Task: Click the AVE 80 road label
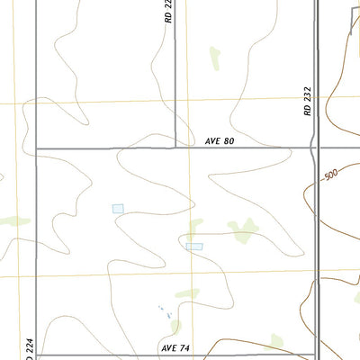pyautogui.click(x=220, y=141)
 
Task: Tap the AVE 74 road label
pyautogui.click(x=175, y=347)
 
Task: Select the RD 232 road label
pyautogui.click(x=307, y=98)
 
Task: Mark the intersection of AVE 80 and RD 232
pyautogui.click(x=315, y=148)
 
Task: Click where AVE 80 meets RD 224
pyautogui.click(x=35, y=148)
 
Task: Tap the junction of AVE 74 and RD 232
pyautogui.click(x=315, y=355)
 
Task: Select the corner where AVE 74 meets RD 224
pyautogui.click(x=35, y=355)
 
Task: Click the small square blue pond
pyautogui.click(x=118, y=208)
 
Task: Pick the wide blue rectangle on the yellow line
pyautogui.click(x=194, y=246)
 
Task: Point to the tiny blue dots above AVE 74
pyautogui.click(x=165, y=310)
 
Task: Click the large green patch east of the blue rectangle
pyautogui.click(x=241, y=232)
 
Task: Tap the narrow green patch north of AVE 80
pyautogui.click(x=214, y=58)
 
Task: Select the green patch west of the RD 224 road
pyautogui.click(x=14, y=220)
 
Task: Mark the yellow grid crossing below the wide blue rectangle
pyautogui.click(x=192, y=271)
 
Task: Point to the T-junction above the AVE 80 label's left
pyautogui.click(x=175, y=148)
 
